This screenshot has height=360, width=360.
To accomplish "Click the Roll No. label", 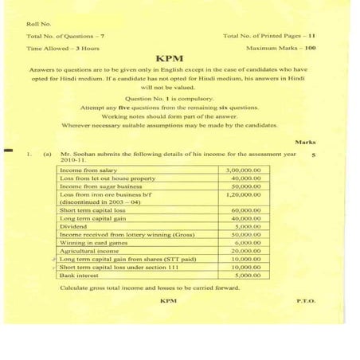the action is pyautogui.click(x=37, y=25).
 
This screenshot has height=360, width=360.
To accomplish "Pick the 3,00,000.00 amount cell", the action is pyautogui.click(x=244, y=170).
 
